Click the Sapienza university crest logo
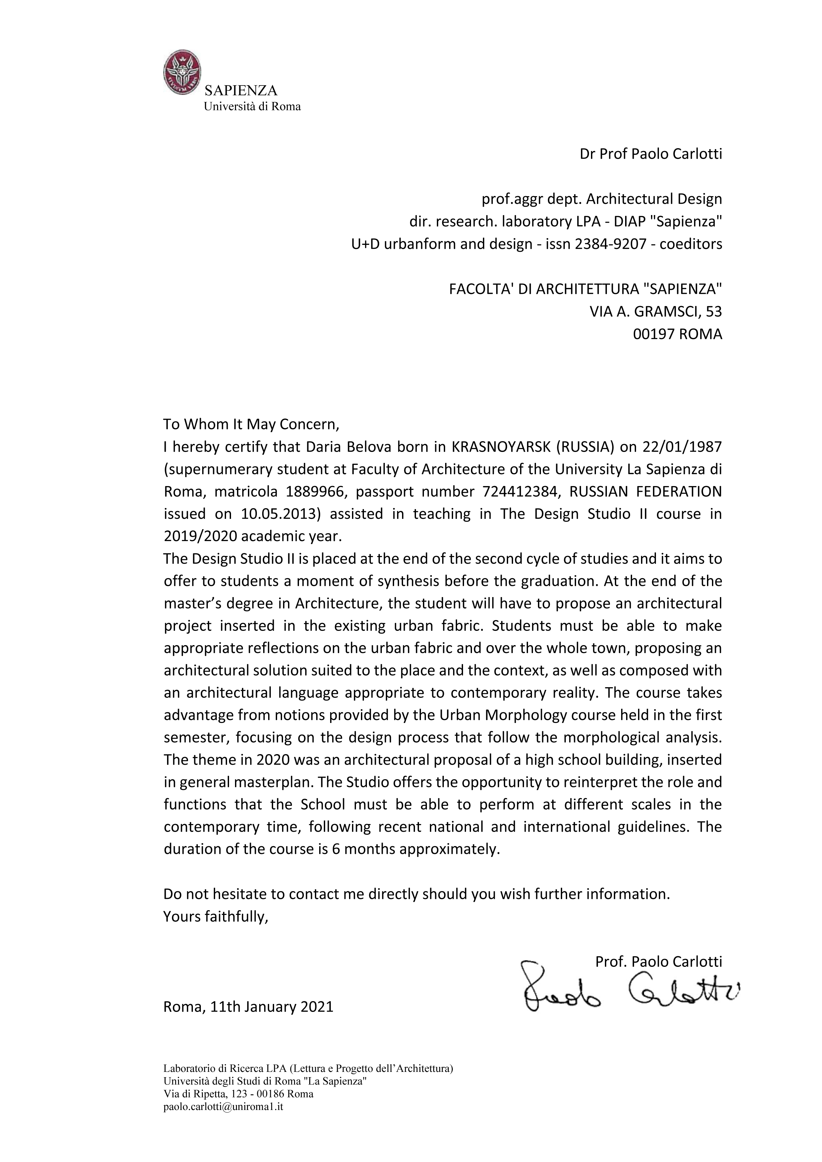pyautogui.click(x=182, y=72)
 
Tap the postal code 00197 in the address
pyautogui.click(x=653, y=334)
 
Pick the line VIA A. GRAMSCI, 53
pyautogui.click(x=656, y=311)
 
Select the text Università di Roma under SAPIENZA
pyautogui.click(x=252, y=107)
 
